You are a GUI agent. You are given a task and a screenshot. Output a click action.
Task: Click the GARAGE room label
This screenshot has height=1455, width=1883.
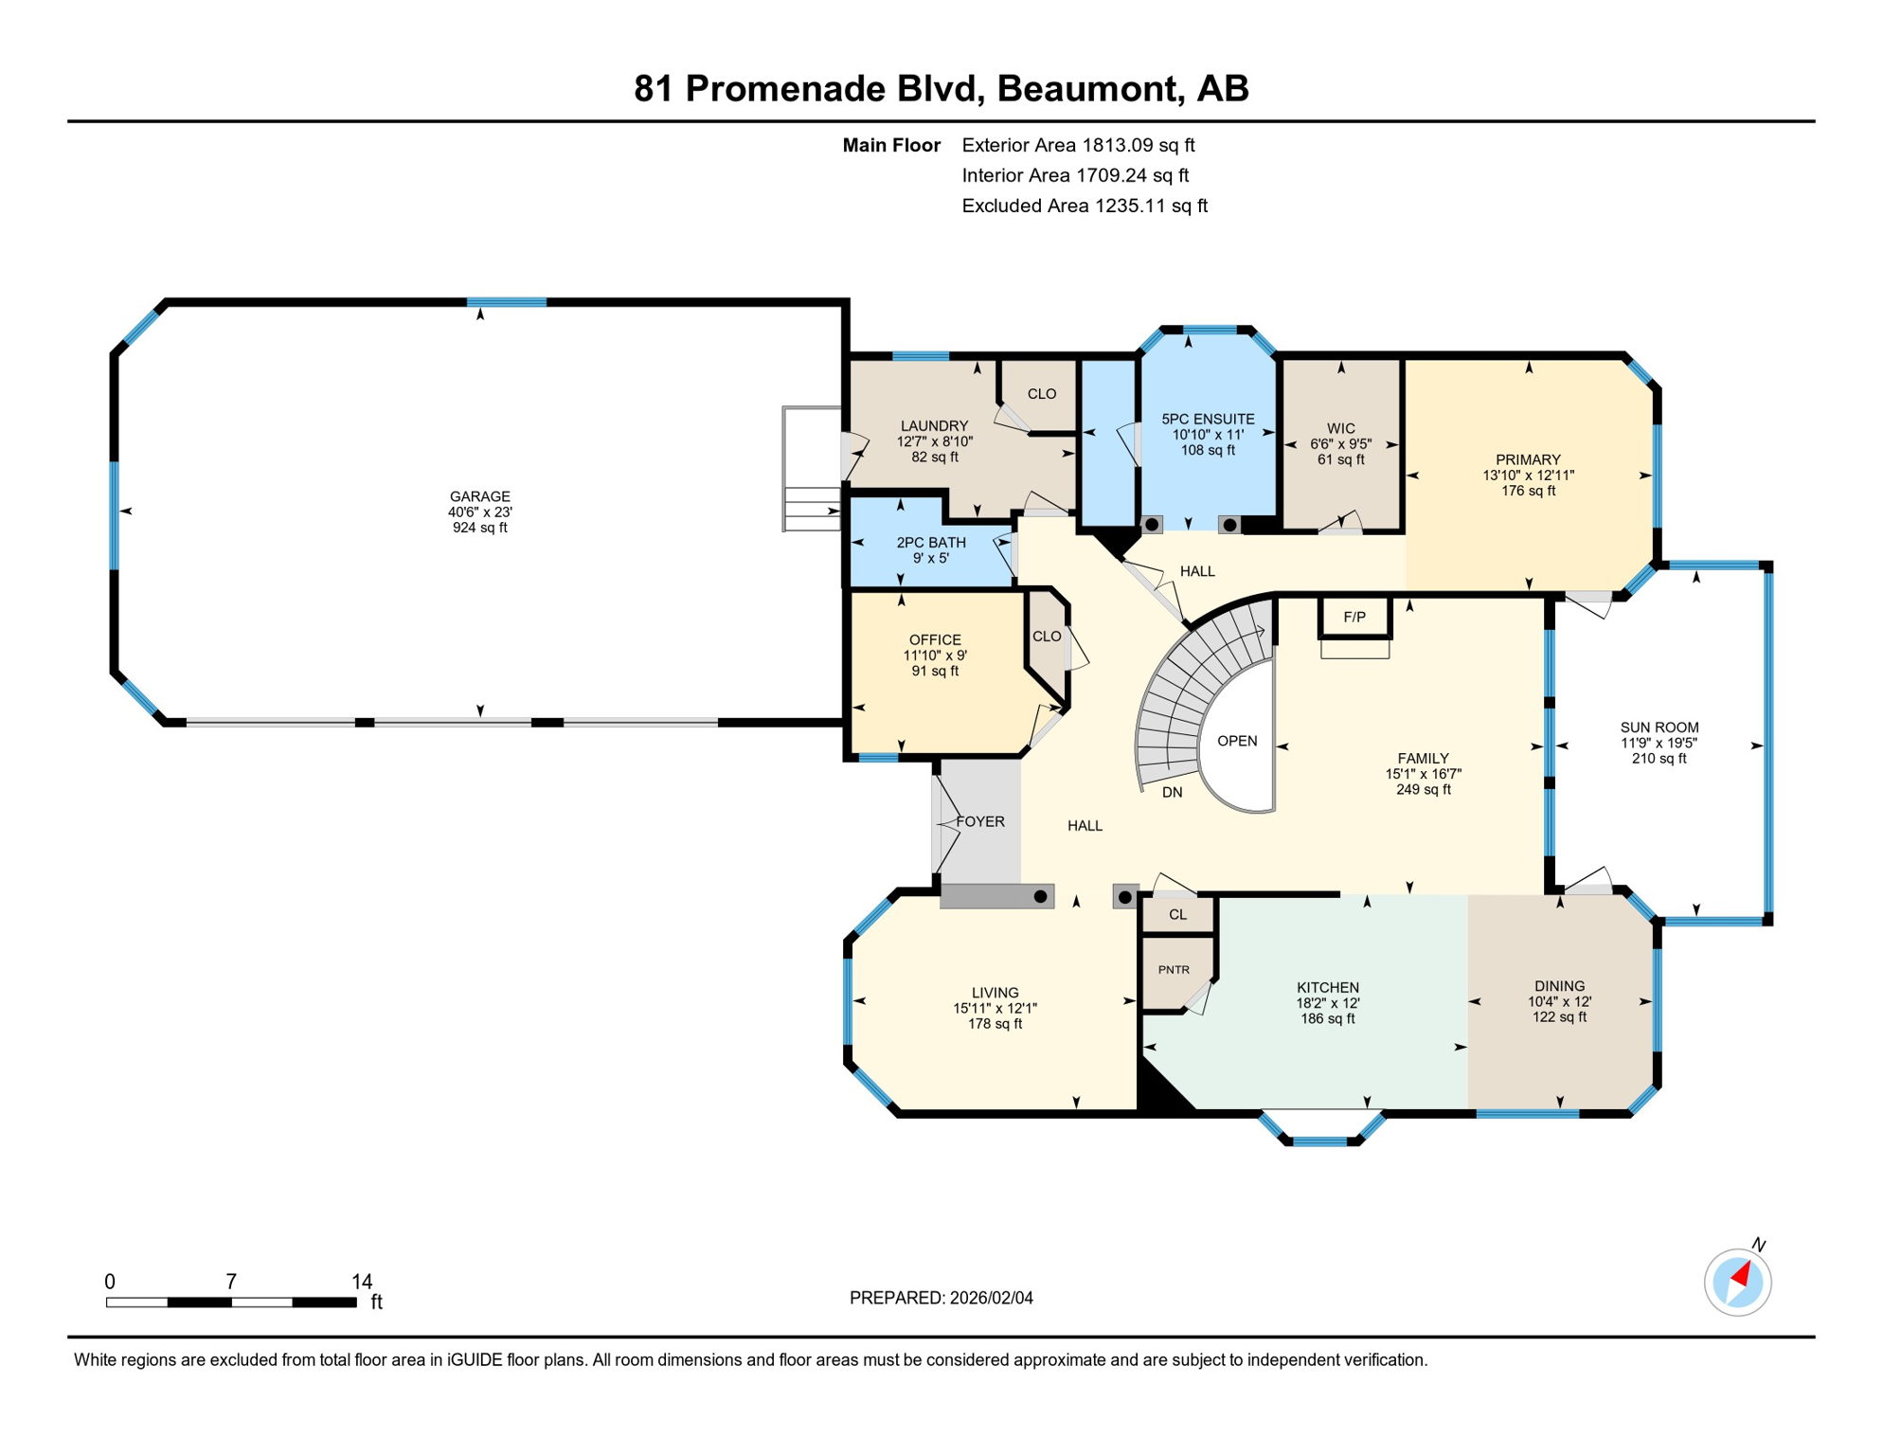pyautogui.click(x=479, y=496)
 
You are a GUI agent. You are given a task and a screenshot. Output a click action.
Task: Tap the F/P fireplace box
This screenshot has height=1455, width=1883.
pyautogui.click(x=1354, y=617)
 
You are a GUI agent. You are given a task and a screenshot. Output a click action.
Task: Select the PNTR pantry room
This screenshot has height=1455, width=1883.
pyautogui.click(x=1174, y=970)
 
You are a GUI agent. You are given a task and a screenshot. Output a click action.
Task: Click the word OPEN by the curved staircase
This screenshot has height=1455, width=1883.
pyautogui.click(x=1237, y=741)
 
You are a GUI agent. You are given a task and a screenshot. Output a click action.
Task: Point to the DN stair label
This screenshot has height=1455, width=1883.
pyautogui.click(x=1172, y=792)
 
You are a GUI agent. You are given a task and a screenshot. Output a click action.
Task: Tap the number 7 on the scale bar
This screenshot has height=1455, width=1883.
pyautogui.click(x=231, y=1281)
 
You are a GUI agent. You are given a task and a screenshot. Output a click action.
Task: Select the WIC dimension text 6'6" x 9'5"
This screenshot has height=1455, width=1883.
pyautogui.click(x=1340, y=443)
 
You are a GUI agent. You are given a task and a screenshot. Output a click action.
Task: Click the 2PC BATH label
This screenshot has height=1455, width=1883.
pyautogui.click(x=931, y=543)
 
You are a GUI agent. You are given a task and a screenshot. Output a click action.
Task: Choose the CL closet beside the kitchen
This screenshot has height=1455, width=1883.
pyautogui.click(x=1177, y=914)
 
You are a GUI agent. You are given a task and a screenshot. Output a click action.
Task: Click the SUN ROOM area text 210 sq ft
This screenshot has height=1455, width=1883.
pyautogui.click(x=1659, y=758)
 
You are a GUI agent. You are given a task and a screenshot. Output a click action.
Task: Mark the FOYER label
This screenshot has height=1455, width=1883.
pyautogui.click(x=980, y=821)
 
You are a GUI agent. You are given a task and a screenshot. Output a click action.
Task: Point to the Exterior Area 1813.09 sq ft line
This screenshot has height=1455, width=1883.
pyautogui.click(x=1078, y=145)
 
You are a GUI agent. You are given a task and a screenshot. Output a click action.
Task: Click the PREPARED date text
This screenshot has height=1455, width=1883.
pyautogui.click(x=941, y=1298)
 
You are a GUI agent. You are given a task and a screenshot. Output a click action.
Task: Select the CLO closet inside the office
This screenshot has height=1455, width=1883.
pyautogui.click(x=1047, y=637)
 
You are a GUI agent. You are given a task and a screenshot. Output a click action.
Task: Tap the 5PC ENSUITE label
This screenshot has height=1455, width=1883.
pyautogui.click(x=1208, y=419)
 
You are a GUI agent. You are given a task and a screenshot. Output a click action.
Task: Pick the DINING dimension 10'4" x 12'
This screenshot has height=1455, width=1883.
pyautogui.click(x=1559, y=1001)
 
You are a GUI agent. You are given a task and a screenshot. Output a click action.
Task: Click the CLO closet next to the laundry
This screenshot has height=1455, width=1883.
pyautogui.click(x=1041, y=394)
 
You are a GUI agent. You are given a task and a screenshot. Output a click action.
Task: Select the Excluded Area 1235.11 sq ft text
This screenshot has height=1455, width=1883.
pyautogui.click(x=1084, y=206)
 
